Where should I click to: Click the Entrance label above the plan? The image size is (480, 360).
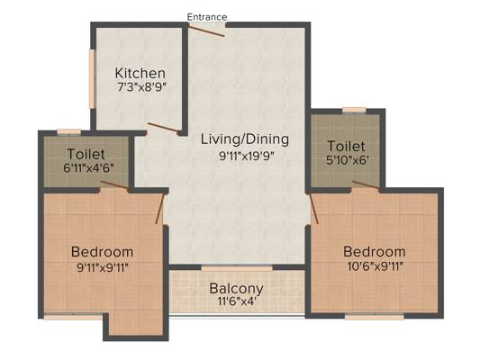(x=207, y=17)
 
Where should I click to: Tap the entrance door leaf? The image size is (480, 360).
(x=206, y=31)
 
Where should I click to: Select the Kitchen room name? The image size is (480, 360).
(x=140, y=73)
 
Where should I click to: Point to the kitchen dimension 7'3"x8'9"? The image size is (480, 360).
(x=141, y=87)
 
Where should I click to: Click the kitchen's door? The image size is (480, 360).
(x=163, y=127)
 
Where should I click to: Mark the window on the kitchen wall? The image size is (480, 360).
(x=92, y=78)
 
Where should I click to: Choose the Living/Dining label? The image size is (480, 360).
(x=245, y=139)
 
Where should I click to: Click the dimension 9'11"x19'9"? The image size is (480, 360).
(x=246, y=157)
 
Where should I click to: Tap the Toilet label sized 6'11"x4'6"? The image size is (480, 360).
(x=86, y=154)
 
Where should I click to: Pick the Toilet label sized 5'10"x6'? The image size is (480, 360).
(x=346, y=146)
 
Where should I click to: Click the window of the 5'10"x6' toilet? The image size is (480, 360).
(x=354, y=110)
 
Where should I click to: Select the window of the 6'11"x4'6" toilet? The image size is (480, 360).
(x=69, y=131)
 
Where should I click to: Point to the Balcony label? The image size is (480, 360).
(x=236, y=289)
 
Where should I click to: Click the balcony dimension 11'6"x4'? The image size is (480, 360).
(x=237, y=301)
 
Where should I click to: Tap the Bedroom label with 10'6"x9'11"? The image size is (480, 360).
(x=375, y=252)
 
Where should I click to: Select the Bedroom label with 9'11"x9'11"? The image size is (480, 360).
(x=103, y=252)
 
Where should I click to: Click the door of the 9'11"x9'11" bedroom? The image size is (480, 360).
(x=159, y=209)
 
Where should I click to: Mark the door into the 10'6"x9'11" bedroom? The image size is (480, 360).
(x=314, y=209)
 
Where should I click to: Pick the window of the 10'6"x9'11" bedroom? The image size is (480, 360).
(x=375, y=317)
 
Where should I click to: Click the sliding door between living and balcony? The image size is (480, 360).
(x=237, y=268)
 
